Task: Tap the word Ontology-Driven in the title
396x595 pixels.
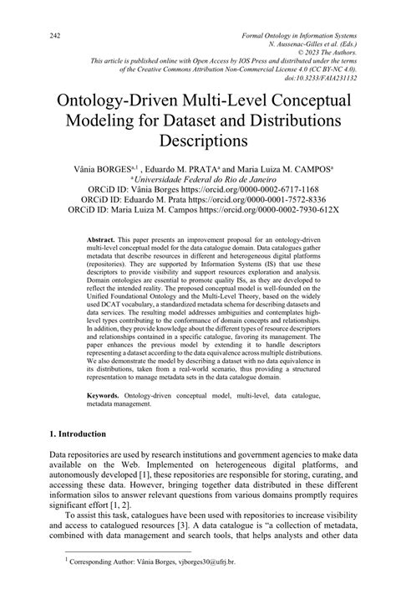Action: (x=122, y=97)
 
